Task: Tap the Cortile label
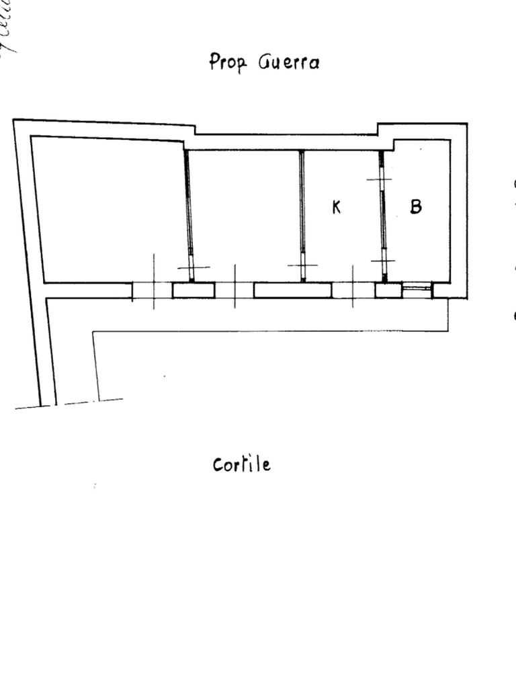point(241,464)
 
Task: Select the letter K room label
point(337,207)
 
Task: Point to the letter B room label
point(416,206)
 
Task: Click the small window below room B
point(417,290)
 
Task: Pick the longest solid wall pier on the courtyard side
point(292,290)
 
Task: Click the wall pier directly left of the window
point(388,290)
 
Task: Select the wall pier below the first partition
point(193,290)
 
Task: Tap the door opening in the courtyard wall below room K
point(353,290)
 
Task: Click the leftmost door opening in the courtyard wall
point(153,290)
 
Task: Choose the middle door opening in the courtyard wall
point(234,290)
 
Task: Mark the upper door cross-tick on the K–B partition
point(380,179)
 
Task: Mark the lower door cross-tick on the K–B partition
point(383,261)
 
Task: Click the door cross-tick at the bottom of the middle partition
point(303,266)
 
